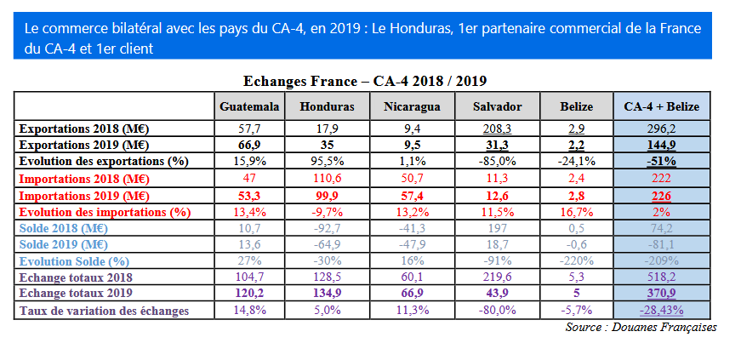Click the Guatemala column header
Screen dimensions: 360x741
[249, 106]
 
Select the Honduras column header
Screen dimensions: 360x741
[327, 106]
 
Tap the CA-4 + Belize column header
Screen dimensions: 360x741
[661, 106]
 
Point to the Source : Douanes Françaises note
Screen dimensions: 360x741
[641, 328]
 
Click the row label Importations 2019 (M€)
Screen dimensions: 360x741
[84, 195]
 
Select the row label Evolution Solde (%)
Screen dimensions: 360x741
[75, 261]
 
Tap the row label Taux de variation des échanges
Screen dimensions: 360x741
[103, 311]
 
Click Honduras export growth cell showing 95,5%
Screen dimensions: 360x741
[327, 162]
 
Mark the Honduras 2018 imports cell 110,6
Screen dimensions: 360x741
[327, 179]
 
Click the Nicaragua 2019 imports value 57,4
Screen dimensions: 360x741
[412, 195]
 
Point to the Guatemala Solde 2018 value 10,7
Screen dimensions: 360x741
[249, 228]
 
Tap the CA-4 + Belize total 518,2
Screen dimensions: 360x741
[661, 277]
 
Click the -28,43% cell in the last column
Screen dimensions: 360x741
[661, 311]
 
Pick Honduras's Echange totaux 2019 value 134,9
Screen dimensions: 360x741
[327, 294]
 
